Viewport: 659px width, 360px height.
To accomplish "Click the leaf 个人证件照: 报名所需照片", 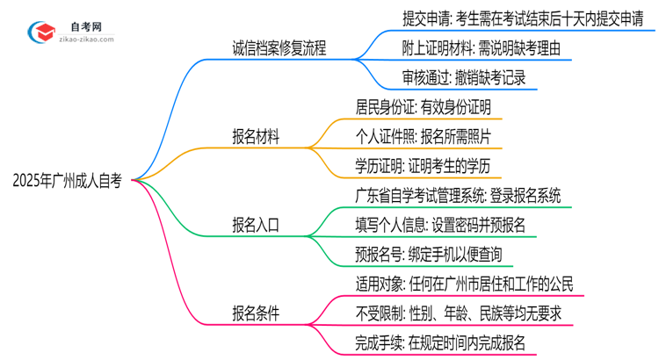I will [428, 137].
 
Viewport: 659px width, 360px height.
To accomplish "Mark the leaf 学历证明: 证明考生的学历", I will [428, 166].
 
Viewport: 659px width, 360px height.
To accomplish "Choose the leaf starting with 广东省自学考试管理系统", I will [449, 196].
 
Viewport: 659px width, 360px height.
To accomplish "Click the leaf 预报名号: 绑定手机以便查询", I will [428, 254].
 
